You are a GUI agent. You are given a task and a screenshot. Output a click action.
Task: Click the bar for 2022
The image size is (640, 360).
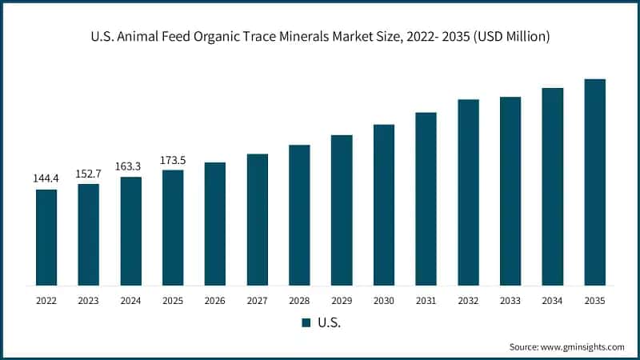(x=46, y=237)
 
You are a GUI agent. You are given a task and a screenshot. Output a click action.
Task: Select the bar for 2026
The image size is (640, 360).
(x=215, y=223)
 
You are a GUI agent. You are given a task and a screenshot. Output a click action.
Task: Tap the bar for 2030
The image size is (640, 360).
(x=384, y=205)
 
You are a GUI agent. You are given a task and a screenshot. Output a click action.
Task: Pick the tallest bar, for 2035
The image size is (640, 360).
(x=594, y=182)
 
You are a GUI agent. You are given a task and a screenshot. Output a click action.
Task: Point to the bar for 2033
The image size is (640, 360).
(x=510, y=190)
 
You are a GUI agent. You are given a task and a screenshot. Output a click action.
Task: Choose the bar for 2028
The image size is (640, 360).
(x=299, y=214)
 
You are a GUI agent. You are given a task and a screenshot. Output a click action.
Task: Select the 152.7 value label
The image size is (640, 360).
(x=89, y=174)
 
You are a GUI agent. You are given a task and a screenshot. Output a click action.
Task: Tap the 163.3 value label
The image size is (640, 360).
(x=131, y=166)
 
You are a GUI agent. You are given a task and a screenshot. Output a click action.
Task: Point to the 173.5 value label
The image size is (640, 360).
(x=173, y=160)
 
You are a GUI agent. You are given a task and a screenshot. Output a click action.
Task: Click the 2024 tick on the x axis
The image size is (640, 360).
(x=131, y=301)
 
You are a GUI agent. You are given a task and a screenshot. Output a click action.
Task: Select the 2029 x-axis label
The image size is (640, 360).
(x=342, y=301)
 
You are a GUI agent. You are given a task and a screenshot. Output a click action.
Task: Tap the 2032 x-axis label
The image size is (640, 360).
(x=468, y=301)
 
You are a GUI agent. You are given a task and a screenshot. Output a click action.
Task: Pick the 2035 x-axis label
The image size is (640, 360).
(x=594, y=301)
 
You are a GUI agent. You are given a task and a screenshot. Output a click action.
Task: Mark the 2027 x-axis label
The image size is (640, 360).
(x=258, y=301)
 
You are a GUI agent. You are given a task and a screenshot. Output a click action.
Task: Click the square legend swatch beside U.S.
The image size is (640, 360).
(x=306, y=322)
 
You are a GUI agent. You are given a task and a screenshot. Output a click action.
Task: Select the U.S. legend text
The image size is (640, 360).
(x=329, y=322)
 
